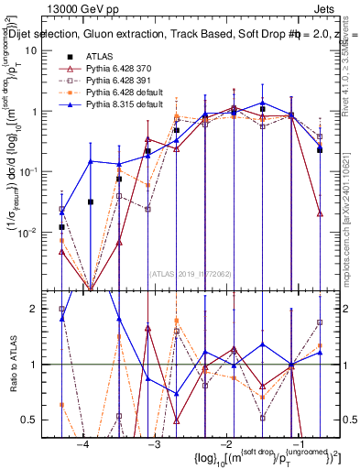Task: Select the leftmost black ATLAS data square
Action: (x=61, y=227)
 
